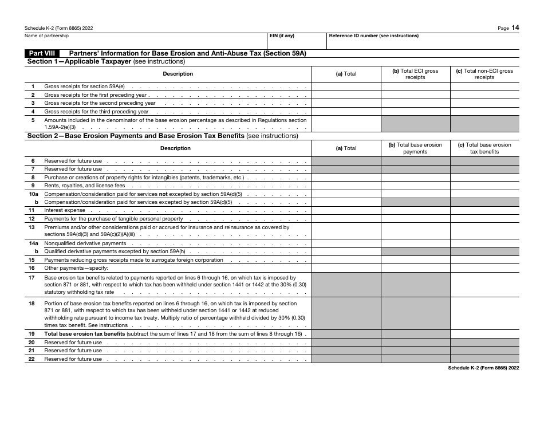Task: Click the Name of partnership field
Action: (x=146, y=41)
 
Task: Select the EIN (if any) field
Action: (x=297, y=41)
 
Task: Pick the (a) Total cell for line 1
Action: (x=346, y=87)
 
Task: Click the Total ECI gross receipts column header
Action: (x=415, y=74)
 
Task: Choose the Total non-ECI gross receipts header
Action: (x=484, y=74)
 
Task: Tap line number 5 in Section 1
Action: (x=33, y=120)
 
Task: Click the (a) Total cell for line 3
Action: (x=346, y=103)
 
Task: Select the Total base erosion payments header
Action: (x=415, y=148)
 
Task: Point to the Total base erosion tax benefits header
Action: (x=484, y=148)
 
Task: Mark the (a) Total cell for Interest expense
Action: (x=346, y=210)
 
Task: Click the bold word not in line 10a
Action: (x=163, y=194)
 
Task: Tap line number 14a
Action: (x=33, y=243)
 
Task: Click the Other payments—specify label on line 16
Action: (x=70, y=268)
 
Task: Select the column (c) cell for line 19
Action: (x=484, y=334)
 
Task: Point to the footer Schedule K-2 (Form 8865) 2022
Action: (x=483, y=369)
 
